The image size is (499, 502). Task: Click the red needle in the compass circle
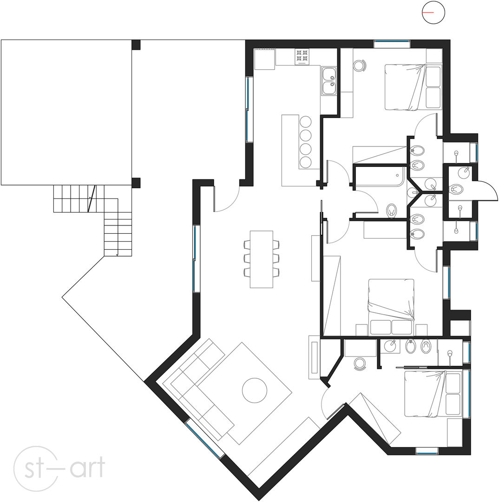(428, 13)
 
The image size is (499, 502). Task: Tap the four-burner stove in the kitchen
(302, 56)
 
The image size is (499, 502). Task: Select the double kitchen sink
(329, 81)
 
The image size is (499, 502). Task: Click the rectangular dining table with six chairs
(262, 259)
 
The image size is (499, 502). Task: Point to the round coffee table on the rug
(255, 390)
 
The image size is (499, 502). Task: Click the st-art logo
(59, 469)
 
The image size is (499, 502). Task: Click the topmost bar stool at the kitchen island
(306, 122)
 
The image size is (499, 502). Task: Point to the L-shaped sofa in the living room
(198, 389)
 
